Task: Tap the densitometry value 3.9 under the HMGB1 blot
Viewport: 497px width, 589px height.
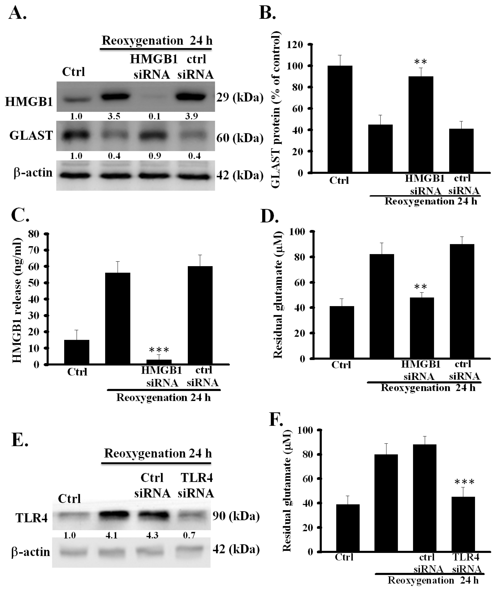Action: (192, 116)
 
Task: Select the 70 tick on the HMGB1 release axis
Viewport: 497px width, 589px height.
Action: (34, 250)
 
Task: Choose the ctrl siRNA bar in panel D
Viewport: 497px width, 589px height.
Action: (462, 301)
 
